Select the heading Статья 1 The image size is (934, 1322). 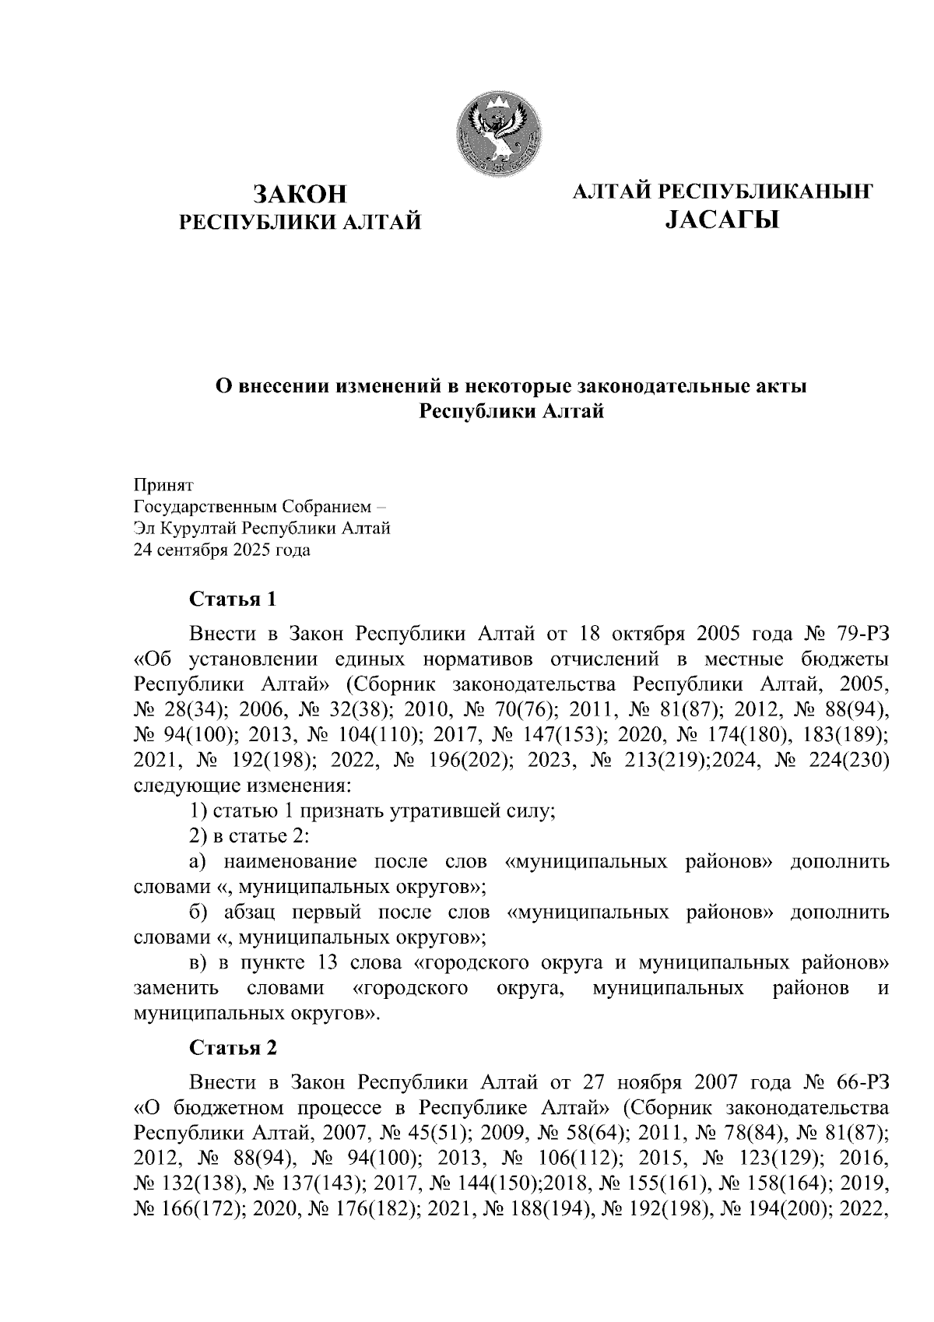233,599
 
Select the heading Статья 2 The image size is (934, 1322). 233,1048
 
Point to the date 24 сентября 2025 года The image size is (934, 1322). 222,550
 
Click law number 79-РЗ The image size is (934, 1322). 851,632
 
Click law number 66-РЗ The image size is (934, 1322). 851,1082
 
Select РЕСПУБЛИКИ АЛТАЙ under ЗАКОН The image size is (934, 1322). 300,223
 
